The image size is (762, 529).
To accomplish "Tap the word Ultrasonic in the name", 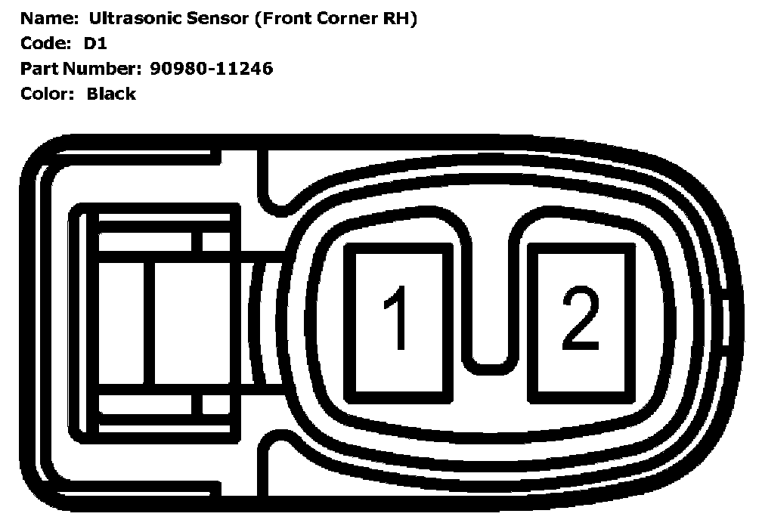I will tap(130, 19).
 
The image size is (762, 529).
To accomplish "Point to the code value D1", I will tap(95, 44).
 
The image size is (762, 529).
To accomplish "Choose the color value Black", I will tap(111, 94).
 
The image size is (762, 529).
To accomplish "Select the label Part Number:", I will tap(79, 69).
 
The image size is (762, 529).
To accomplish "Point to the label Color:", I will tap(46, 94).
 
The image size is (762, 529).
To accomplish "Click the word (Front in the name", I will tap(284, 19).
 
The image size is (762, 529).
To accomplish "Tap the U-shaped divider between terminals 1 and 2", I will tap(491, 302).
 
